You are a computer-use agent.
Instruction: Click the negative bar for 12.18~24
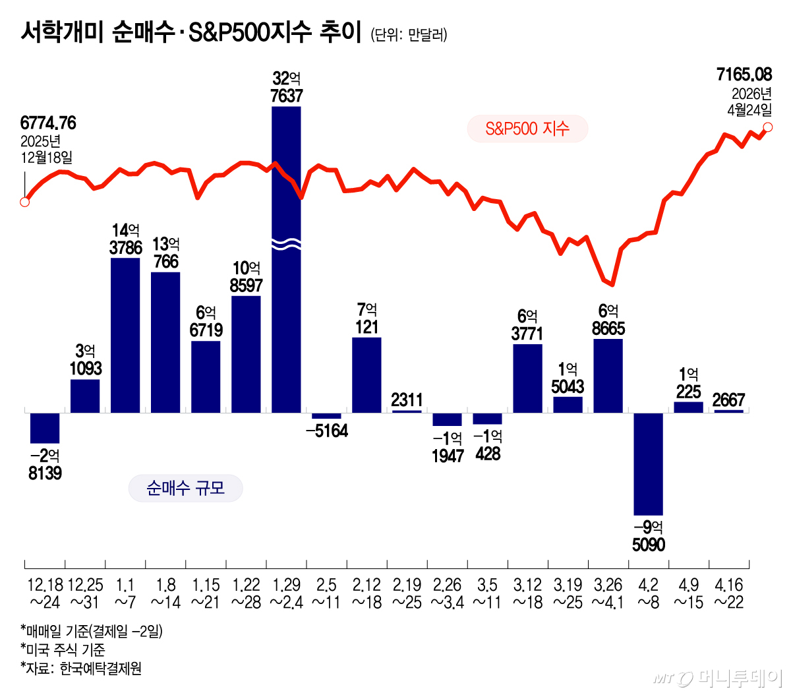(45, 428)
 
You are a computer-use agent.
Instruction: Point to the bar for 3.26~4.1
(608, 375)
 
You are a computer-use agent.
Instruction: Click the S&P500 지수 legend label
(527, 129)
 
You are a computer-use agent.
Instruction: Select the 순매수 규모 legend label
(185, 489)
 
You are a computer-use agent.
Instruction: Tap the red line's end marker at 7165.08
(767, 127)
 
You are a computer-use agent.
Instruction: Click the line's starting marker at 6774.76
(25, 202)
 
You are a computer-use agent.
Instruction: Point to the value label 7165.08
(744, 75)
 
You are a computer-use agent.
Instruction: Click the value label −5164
(327, 431)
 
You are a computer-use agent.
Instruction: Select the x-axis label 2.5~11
(326, 593)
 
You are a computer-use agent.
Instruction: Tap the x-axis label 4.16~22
(729, 593)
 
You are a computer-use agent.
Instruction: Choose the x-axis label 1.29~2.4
(286, 593)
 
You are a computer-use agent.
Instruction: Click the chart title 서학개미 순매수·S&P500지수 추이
(191, 32)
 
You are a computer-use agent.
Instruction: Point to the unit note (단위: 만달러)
(409, 34)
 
